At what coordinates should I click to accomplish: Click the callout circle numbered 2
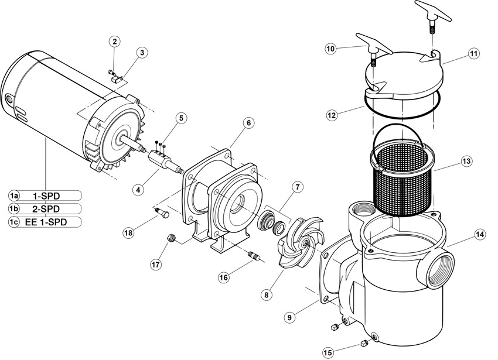click(x=115, y=42)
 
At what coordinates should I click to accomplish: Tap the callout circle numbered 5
click(x=181, y=118)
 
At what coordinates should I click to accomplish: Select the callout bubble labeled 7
click(x=297, y=187)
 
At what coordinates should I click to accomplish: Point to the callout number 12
click(x=331, y=115)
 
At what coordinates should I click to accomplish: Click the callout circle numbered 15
click(x=329, y=352)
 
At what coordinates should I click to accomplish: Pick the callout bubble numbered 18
click(x=129, y=233)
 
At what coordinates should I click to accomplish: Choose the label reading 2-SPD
click(x=46, y=209)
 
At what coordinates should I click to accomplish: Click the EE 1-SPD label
click(x=46, y=222)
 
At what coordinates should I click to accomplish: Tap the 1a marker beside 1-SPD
click(x=13, y=196)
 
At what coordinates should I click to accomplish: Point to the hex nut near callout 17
click(x=170, y=238)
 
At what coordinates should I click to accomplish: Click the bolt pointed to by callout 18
click(x=162, y=212)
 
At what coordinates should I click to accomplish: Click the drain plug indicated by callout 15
click(x=364, y=343)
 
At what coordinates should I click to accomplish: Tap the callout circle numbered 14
click(x=480, y=235)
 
